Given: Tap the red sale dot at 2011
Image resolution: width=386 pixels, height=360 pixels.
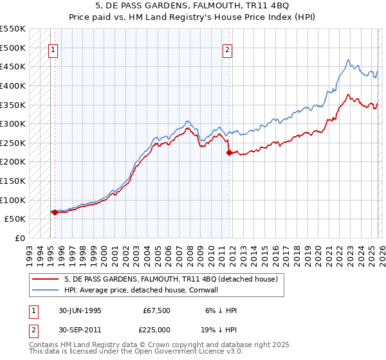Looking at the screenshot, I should pyautogui.click(x=229, y=152).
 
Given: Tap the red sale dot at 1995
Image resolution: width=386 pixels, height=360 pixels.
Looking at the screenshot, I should pyautogui.click(x=55, y=212).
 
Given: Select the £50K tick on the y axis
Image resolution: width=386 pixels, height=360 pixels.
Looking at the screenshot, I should pyautogui.click(x=15, y=219).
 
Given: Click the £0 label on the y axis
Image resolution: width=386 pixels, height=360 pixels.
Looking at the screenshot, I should pyautogui.click(x=21, y=238).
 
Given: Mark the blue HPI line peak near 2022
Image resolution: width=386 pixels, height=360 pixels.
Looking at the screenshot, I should pyautogui.click(x=347, y=60).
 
